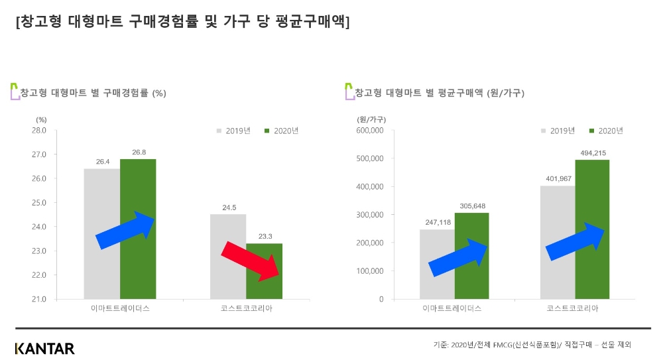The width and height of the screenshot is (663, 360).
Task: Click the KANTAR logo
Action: tap(45, 348)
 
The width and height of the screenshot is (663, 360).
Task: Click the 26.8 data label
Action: tap(139, 152)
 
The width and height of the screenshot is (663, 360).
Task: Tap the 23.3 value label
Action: tap(265, 236)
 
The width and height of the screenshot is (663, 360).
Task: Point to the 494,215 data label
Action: tap(592, 153)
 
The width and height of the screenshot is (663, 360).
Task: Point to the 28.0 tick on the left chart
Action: tap(39, 131)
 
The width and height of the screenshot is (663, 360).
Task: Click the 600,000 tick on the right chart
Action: tap(370, 131)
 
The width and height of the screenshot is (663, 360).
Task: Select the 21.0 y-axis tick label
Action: tap(39, 299)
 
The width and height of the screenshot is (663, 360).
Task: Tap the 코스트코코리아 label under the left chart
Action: tap(246, 309)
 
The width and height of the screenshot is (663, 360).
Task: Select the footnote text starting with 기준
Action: tap(532, 345)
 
